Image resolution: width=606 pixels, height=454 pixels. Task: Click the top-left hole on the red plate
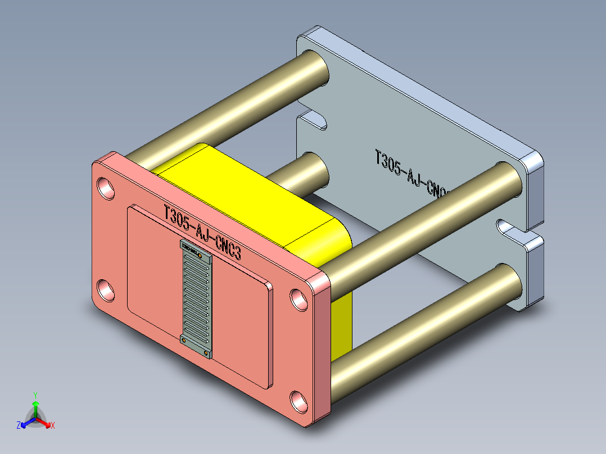coord(106,187)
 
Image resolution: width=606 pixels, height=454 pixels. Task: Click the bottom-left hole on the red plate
coord(106,290)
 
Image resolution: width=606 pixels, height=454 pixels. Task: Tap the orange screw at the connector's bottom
coord(206,353)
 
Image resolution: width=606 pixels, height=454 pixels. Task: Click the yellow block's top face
coord(236,185)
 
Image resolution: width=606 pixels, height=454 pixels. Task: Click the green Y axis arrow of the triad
coord(35,402)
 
